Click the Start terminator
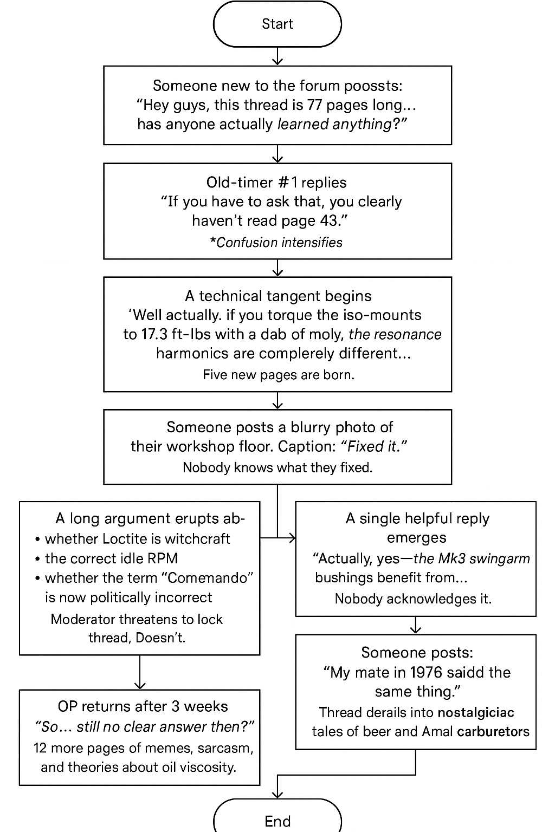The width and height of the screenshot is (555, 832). pyautogui.click(x=277, y=24)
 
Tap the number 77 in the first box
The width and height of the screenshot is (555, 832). pyautogui.click(x=315, y=105)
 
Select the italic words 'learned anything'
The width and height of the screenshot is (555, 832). pyautogui.click(x=334, y=124)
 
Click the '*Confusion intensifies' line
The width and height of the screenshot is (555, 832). pyautogui.click(x=276, y=242)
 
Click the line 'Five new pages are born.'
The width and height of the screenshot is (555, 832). pyautogui.click(x=278, y=374)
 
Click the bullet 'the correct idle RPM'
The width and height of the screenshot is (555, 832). pyautogui.click(x=111, y=558)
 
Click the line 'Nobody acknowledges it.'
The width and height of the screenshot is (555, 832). pyautogui.click(x=413, y=599)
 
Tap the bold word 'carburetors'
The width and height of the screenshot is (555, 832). pyautogui.click(x=493, y=731)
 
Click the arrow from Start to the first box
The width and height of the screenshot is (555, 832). pyautogui.click(x=277, y=56)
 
